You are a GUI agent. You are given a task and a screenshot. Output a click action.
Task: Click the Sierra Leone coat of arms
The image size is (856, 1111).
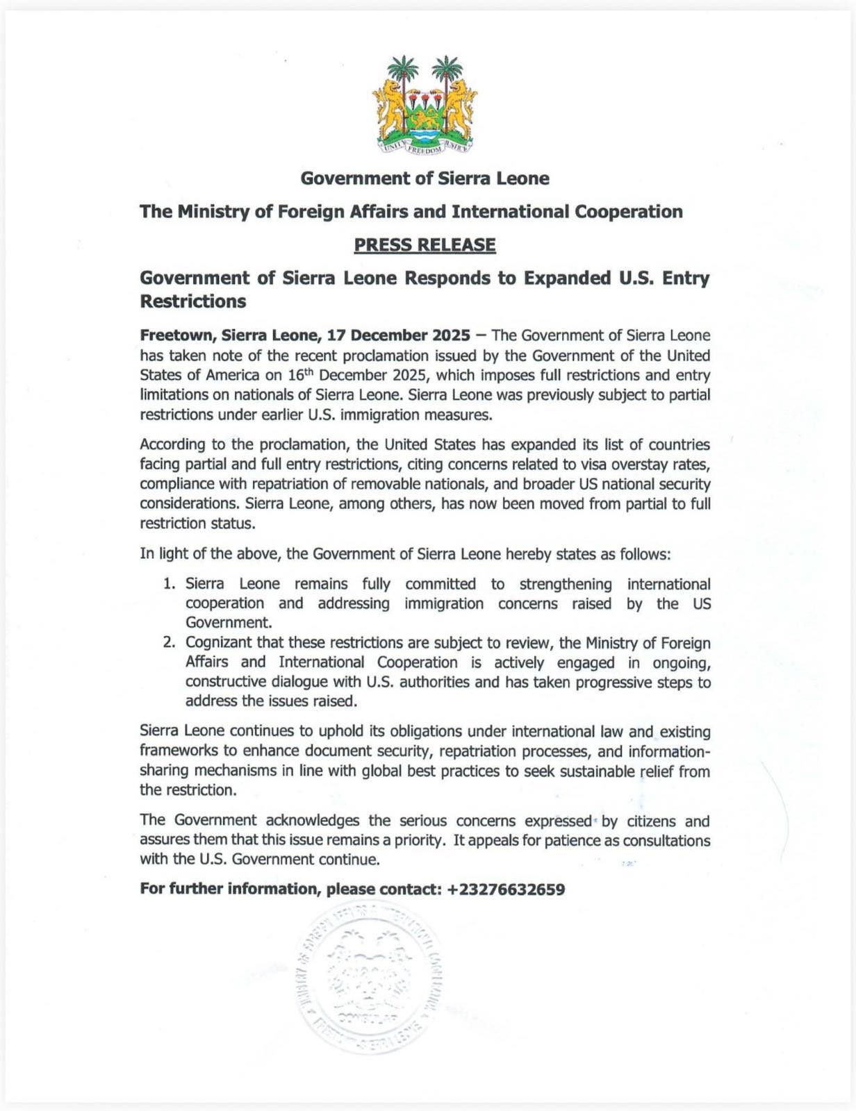(x=425, y=104)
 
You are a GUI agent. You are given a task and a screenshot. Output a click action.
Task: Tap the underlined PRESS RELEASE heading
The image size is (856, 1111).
(x=425, y=245)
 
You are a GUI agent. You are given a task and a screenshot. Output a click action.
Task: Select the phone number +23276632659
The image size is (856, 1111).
(x=507, y=889)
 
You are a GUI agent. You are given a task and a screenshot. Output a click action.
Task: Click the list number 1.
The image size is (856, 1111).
(x=169, y=584)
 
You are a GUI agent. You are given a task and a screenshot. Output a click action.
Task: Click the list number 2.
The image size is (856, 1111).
(x=169, y=643)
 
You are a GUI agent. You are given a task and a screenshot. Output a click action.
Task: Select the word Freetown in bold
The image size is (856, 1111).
(x=177, y=335)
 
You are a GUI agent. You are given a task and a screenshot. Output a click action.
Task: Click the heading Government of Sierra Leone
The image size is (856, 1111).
(x=425, y=178)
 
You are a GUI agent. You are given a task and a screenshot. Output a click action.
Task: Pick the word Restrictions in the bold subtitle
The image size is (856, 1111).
(x=193, y=301)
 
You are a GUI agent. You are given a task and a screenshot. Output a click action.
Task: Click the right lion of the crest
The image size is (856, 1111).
(x=459, y=108)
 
